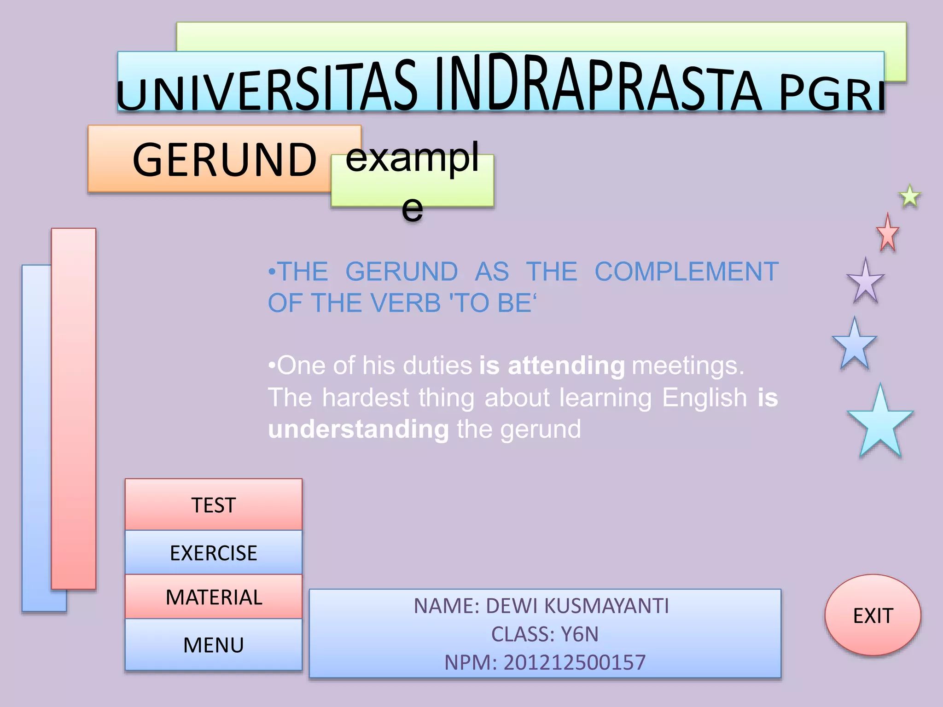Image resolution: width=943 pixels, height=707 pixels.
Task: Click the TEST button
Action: click(x=213, y=505)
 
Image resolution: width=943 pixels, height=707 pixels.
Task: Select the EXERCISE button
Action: click(x=213, y=553)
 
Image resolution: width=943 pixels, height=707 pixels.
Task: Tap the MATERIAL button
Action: click(x=213, y=597)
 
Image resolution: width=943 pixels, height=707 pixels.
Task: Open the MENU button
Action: click(x=213, y=645)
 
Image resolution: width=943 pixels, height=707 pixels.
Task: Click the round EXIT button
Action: click(x=873, y=615)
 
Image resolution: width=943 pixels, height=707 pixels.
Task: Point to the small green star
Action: click(x=910, y=197)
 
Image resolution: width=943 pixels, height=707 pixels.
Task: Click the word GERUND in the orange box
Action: click(x=224, y=160)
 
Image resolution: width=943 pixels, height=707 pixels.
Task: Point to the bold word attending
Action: click(x=566, y=365)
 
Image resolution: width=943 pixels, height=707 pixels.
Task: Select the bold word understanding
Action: click(x=358, y=429)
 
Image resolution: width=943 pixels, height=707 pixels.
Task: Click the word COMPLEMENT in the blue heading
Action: click(x=686, y=271)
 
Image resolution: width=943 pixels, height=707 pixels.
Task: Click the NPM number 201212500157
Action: click(x=574, y=662)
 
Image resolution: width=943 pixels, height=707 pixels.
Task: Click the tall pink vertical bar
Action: click(x=74, y=408)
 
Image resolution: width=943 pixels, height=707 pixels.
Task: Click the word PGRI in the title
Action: click(x=831, y=94)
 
